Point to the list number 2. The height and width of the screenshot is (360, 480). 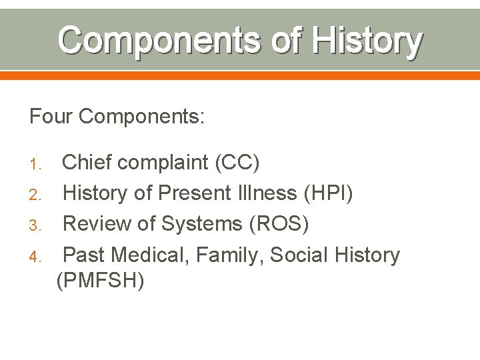pos(36,195)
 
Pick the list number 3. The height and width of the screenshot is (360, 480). pos(36,225)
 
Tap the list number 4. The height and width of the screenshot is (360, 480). pos(36,256)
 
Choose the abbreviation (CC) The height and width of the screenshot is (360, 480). pos(237,162)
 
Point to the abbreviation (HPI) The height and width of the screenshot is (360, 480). pos(329,193)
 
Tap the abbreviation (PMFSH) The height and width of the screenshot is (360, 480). pos(101,281)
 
